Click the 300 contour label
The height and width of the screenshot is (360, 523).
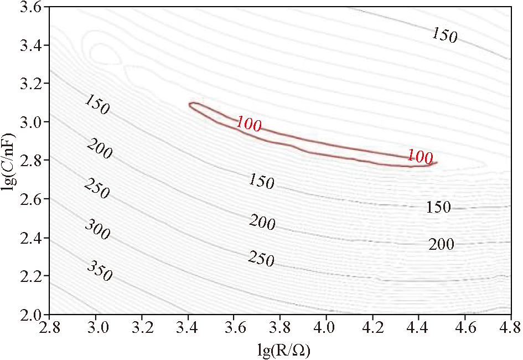tap(97, 229)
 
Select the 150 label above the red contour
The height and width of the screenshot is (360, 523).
tap(444, 36)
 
